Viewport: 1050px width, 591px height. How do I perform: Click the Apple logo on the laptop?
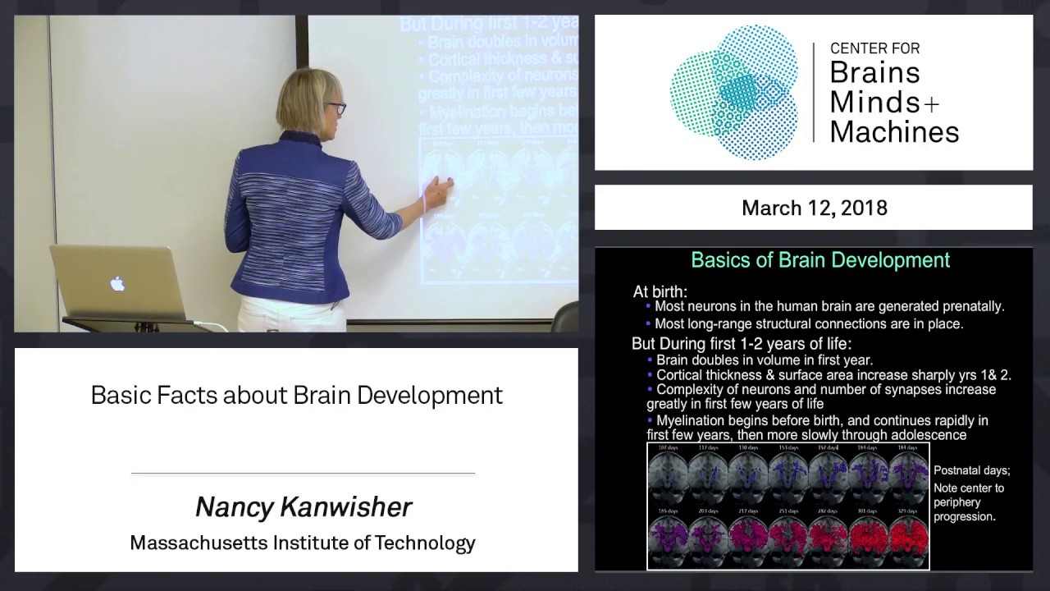click(117, 284)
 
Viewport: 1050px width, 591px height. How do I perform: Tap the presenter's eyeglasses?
click(335, 108)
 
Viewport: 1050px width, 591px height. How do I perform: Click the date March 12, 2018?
click(814, 208)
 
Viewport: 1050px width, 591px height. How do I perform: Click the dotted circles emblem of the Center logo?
click(733, 90)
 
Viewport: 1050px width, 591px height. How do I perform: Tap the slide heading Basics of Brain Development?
click(820, 260)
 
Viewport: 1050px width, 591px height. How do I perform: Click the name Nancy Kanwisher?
click(303, 507)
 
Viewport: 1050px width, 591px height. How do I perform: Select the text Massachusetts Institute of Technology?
click(303, 543)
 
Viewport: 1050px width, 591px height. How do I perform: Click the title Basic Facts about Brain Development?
click(296, 395)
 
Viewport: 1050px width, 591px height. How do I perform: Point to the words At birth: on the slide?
click(660, 291)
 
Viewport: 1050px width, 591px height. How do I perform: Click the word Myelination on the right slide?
click(696, 420)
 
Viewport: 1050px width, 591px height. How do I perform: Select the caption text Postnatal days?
click(971, 470)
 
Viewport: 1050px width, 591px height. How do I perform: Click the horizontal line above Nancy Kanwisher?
click(303, 474)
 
